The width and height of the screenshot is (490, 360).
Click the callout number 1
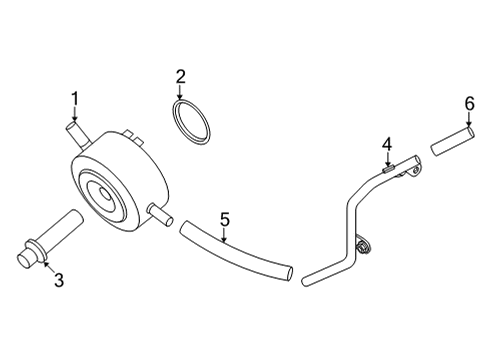coord(73,97)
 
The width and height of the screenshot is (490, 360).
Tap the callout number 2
coord(181,76)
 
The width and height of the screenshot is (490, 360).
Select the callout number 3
coord(58,281)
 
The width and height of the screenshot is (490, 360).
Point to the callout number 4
coord(386,148)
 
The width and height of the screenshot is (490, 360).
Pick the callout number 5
coord(225,218)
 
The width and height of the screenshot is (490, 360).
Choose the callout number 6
coord(468,103)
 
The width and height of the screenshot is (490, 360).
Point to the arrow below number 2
coord(181,92)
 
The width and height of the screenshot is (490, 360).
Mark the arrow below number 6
coord(468,120)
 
